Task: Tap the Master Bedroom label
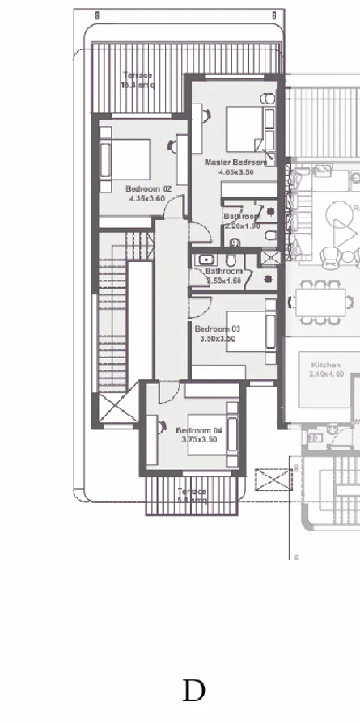tap(235, 163)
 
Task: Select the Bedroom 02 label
tap(147, 188)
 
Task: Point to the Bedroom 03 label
tap(218, 329)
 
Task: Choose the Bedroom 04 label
tap(199, 430)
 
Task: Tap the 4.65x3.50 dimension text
tap(236, 172)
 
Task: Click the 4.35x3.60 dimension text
tap(146, 198)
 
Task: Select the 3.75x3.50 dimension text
tap(197, 440)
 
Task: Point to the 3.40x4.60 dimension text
tap(327, 374)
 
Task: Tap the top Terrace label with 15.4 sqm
tap(138, 80)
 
